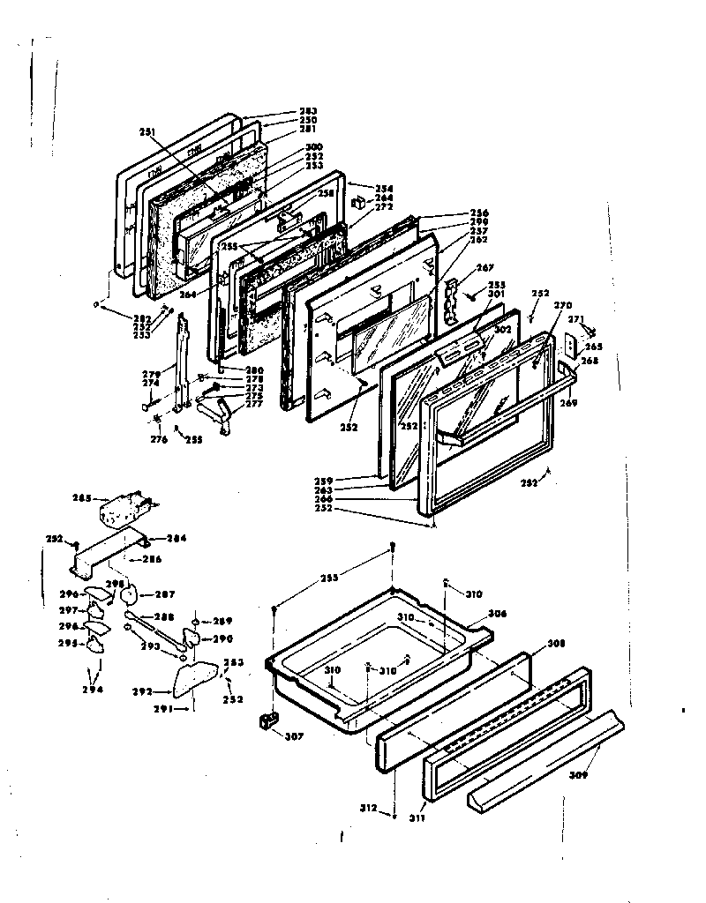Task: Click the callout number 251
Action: (x=147, y=131)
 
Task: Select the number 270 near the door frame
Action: (x=562, y=305)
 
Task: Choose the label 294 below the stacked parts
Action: (x=93, y=690)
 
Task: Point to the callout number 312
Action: (x=369, y=808)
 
